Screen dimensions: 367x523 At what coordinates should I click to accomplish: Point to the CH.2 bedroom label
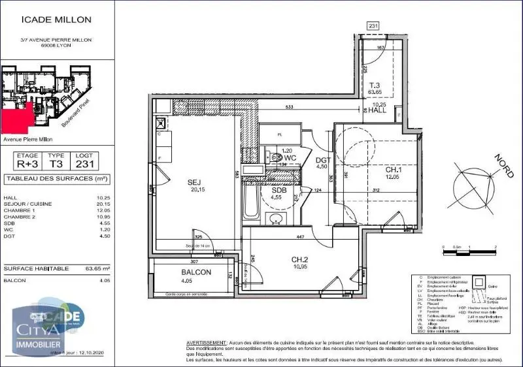coord(300,259)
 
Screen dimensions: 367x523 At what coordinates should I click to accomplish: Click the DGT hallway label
coord(320,159)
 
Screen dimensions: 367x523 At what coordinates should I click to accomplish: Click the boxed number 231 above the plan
coord(373,26)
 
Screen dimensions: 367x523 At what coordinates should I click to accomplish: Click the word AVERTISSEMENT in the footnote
coord(205,342)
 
